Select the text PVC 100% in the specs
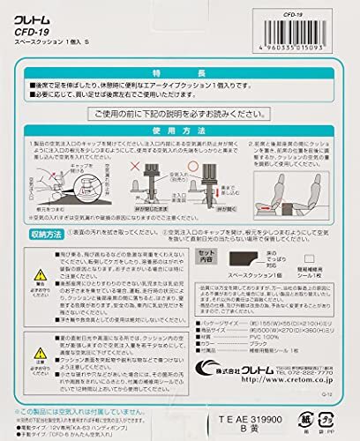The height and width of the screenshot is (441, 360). (x=246, y=336)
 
